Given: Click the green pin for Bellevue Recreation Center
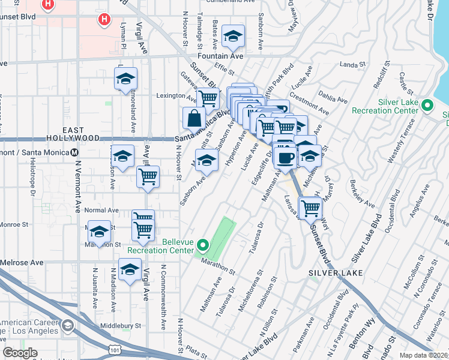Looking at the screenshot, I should point(203,244).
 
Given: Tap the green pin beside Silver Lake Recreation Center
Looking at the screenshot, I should point(427,106).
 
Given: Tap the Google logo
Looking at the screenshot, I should point(20,353).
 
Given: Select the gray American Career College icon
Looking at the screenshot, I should point(67,326).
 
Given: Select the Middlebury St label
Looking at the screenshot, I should point(121,326).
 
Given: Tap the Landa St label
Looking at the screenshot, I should point(352,64).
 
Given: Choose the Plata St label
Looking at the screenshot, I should point(196,347).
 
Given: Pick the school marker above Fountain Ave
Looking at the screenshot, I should point(233,37).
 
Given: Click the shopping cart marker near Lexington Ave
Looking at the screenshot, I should point(208,97).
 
